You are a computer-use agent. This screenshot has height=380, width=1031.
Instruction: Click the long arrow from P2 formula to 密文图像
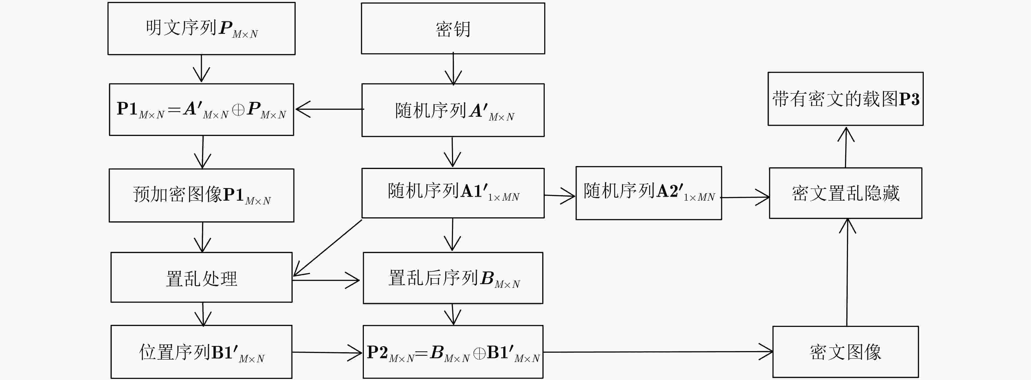pyautogui.click(x=658, y=352)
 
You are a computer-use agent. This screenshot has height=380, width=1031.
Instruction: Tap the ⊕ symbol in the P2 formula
pyautogui.click(x=479, y=353)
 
